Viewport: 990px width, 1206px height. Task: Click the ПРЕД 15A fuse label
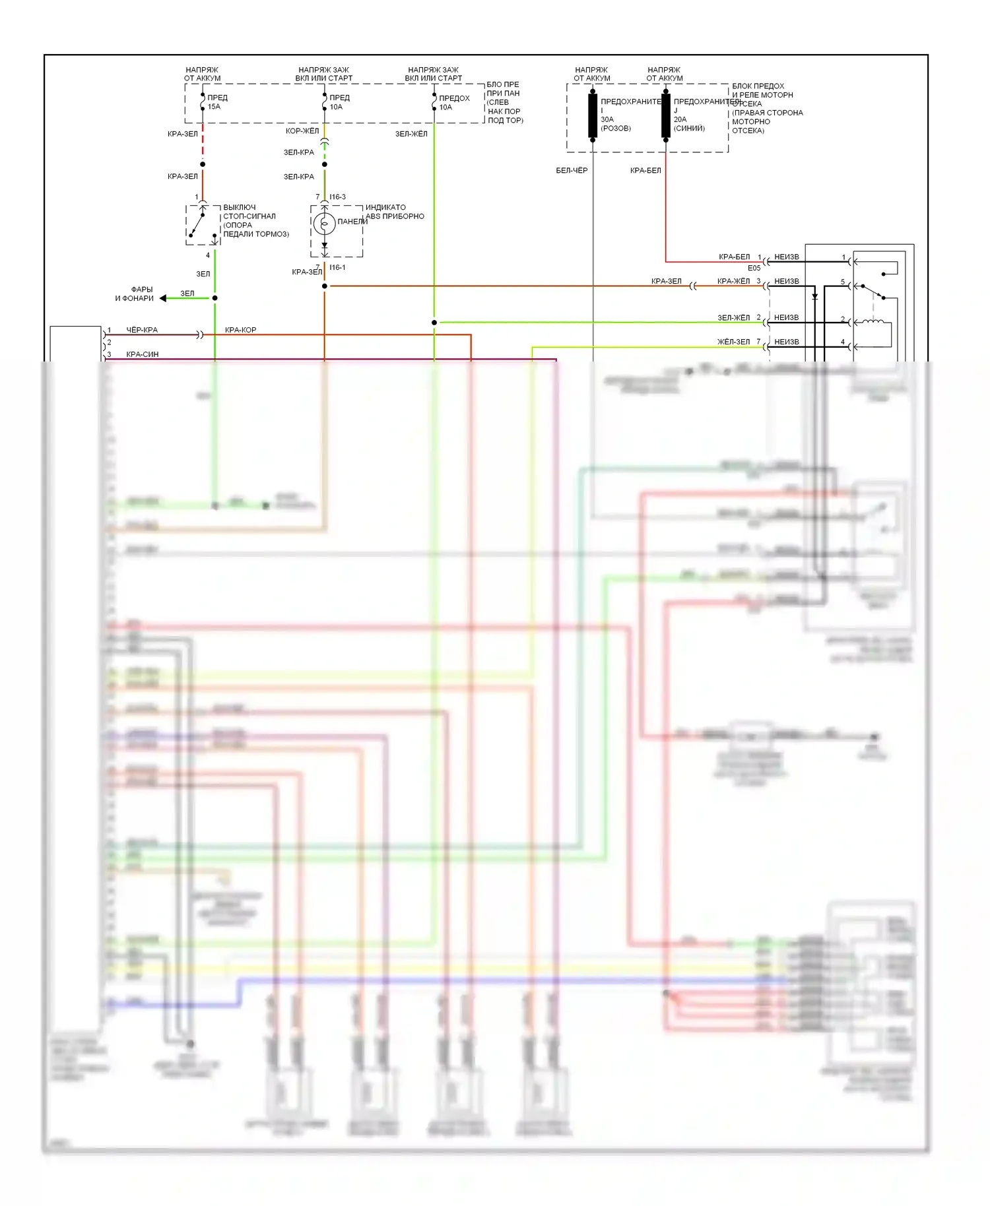click(x=216, y=102)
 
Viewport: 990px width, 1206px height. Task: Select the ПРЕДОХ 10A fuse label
click(x=453, y=102)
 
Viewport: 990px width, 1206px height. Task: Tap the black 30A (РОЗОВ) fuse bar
click(x=593, y=115)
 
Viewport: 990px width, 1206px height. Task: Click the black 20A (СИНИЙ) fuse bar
click(x=666, y=115)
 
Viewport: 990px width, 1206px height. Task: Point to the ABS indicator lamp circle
click(x=324, y=224)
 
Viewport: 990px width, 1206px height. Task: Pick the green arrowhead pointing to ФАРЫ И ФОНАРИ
click(x=163, y=298)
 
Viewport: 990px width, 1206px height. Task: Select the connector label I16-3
click(x=337, y=197)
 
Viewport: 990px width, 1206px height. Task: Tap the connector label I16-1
click(x=337, y=267)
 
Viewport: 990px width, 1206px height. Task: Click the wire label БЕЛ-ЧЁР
click(x=572, y=170)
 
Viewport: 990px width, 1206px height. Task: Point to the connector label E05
click(x=754, y=268)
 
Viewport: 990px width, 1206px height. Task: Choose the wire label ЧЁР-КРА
click(x=142, y=330)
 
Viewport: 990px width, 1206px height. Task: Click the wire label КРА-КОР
click(x=240, y=330)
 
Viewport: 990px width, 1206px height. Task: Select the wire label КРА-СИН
click(x=142, y=354)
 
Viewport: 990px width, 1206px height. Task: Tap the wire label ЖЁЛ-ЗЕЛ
click(x=733, y=342)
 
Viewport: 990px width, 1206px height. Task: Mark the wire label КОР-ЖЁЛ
click(x=302, y=131)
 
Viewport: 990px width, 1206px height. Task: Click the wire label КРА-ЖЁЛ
click(x=733, y=281)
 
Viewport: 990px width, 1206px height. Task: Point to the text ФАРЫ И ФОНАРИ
click(x=135, y=294)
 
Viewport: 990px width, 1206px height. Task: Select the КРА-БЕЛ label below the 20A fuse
click(x=645, y=170)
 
